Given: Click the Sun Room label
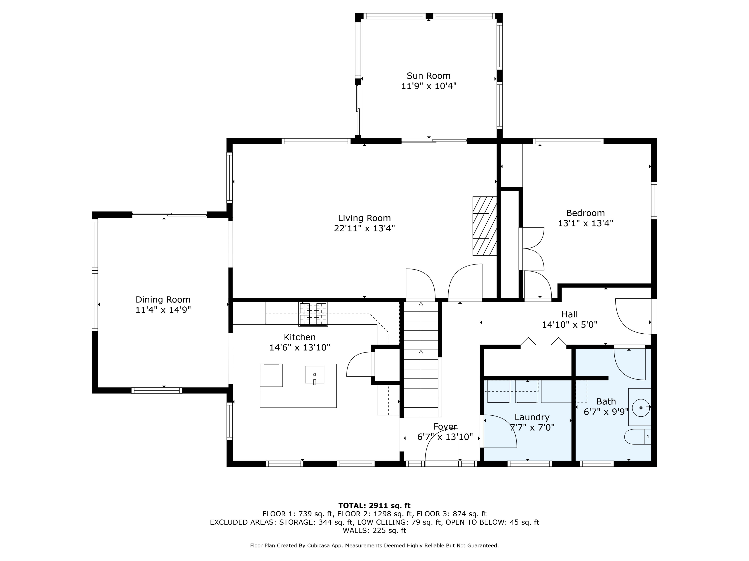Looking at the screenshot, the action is coord(428,76).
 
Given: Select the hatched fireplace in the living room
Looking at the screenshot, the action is coord(485,226).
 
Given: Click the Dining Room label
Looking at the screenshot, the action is coord(163,300).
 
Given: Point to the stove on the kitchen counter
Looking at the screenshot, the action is coord(313,314).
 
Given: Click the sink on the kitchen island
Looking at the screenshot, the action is coord(315,375).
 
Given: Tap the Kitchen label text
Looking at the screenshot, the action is coord(300,337).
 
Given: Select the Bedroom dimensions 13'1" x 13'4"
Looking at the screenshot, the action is coord(585,223).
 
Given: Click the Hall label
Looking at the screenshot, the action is coord(569,314).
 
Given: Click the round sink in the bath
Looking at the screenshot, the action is coord(641,408).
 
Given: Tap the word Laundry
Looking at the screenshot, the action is coord(532,418).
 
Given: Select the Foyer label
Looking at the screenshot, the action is coord(445,427).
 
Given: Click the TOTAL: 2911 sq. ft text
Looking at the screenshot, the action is coord(374,506).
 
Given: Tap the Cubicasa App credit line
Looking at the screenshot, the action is coord(374,546).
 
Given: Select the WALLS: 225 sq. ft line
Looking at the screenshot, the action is coord(374,531).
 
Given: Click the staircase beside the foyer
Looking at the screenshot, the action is coord(421,359).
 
